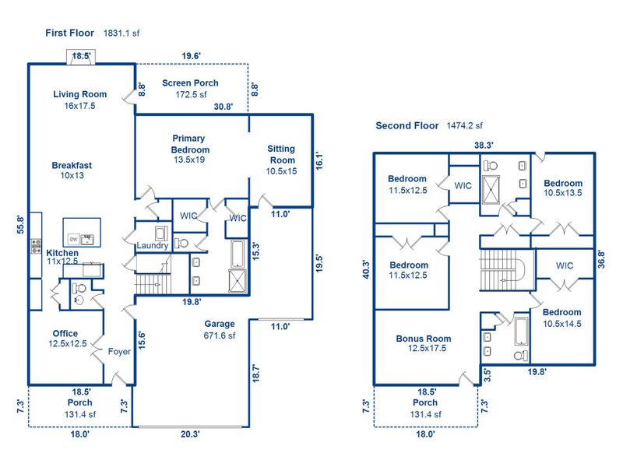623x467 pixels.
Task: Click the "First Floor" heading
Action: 69,33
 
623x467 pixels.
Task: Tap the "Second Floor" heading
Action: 407,125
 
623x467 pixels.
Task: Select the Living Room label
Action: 79,95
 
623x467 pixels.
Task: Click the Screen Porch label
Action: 190,83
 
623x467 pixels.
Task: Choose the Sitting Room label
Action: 282,153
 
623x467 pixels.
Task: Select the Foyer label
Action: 119,352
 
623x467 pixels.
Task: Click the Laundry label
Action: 152,247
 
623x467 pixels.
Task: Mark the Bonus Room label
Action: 423,339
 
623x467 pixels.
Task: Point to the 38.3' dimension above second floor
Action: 484,145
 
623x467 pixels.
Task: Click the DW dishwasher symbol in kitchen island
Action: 73,239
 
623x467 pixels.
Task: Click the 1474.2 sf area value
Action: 465,125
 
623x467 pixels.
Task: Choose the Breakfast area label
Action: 72,165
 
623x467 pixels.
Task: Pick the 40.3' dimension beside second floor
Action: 366,269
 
